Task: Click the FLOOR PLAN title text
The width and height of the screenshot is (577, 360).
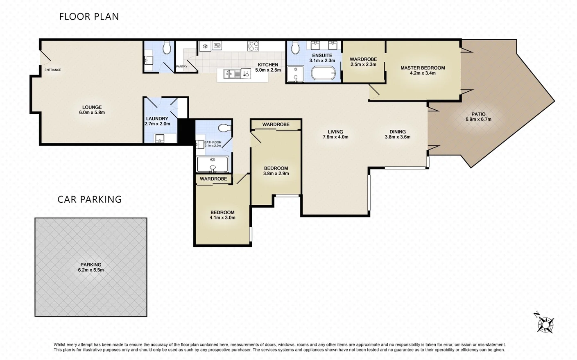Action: click(x=89, y=17)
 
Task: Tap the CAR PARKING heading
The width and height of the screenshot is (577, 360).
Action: click(x=89, y=199)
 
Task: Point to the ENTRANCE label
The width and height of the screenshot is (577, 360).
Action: click(x=52, y=70)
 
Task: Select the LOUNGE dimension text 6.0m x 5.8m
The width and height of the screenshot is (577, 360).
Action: click(x=92, y=113)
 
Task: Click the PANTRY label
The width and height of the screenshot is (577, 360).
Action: click(x=181, y=66)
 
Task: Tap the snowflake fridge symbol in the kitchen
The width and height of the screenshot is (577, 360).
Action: click(x=204, y=46)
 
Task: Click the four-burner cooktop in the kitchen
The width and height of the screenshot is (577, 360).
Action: click(x=253, y=46)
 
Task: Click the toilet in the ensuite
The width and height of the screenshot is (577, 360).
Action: click(x=296, y=48)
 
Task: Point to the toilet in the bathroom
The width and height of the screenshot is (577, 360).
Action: click(x=225, y=128)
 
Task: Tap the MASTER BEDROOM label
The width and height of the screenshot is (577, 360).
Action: click(x=423, y=68)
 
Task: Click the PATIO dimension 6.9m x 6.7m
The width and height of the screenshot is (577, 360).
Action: click(x=478, y=120)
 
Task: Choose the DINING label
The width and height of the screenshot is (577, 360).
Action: click(x=398, y=132)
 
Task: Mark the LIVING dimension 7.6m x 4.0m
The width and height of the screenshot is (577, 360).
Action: click(x=335, y=137)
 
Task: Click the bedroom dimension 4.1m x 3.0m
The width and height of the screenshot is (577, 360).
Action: click(x=222, y=218)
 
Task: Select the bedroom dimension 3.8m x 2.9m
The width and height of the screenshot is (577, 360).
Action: click(x=276, y=174)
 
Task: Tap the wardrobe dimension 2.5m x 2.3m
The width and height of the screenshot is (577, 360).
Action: click(x=363, y=65)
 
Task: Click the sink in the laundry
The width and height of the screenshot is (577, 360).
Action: click(x=160, y=138)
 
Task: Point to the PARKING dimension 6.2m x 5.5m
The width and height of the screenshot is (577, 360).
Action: click(x=91, y=270)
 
